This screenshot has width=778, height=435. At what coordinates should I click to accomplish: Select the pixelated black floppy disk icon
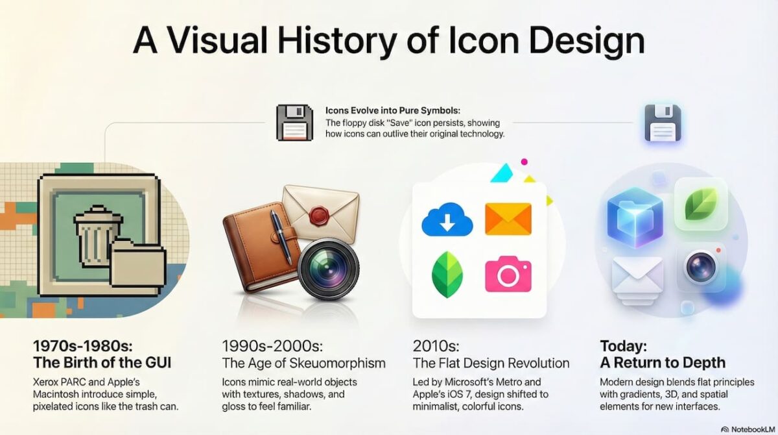click(x=294, y=123)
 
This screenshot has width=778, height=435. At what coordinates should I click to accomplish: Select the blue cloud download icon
click(x=447, y=219)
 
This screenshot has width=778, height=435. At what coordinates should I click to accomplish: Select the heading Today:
click(x=624, y=346)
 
